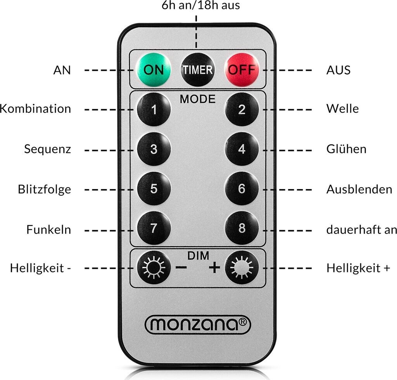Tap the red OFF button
(241, 70)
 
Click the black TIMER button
(197, 70)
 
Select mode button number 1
(154, 110)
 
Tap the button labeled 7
(154, 229)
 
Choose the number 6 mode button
(242, 189)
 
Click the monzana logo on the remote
(198, 324)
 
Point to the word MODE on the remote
(197, 99)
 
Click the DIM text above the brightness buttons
(198, 256)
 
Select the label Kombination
(36, 109)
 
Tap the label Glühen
(346, 149)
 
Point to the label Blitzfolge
(44, 189)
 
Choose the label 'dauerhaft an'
(361, 229)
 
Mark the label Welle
(342, 109)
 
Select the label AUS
(338, 70)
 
